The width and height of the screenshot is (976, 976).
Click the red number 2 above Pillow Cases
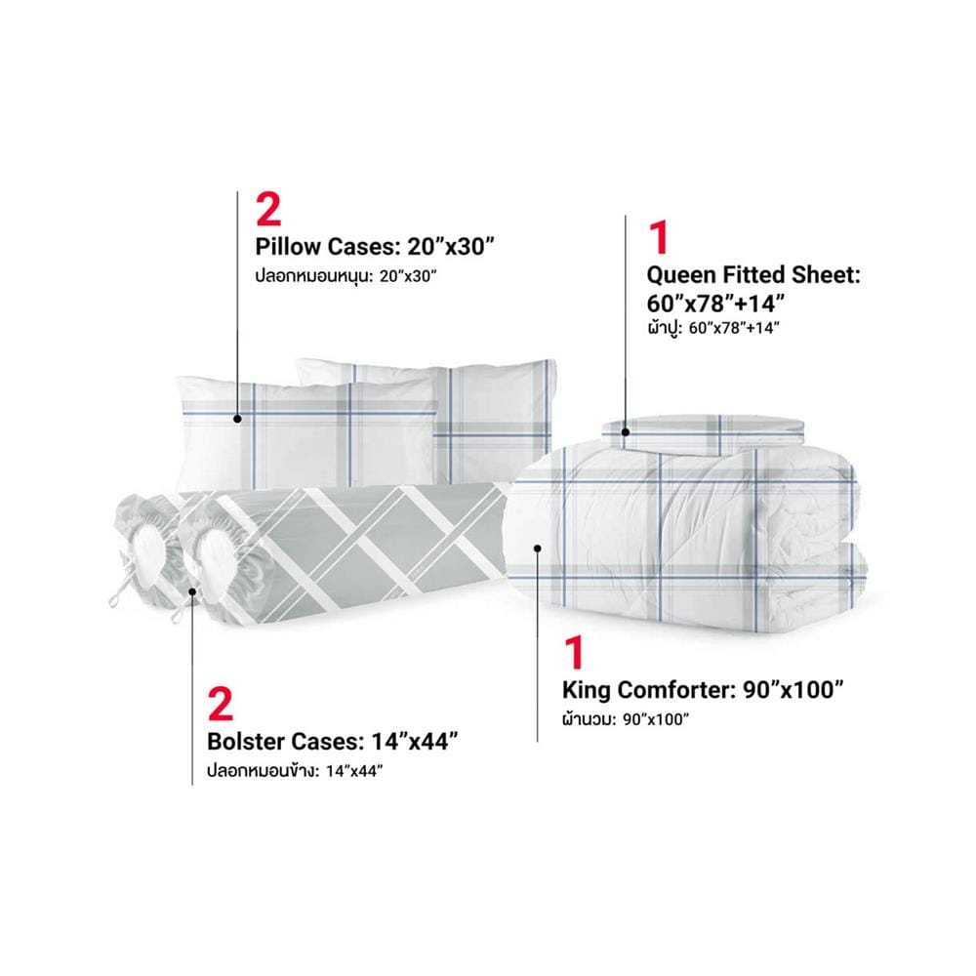268,209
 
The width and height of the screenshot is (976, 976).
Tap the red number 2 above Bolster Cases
221,704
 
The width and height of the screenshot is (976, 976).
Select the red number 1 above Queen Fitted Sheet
659,237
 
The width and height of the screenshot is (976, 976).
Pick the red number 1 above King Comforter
574,652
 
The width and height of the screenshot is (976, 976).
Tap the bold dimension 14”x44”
415,742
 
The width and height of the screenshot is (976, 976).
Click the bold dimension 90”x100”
793,690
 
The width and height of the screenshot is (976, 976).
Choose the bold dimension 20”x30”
450,247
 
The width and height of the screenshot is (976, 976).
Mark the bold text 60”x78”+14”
715,304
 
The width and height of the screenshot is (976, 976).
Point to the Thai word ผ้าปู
664,327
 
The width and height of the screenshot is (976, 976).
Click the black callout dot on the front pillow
237,419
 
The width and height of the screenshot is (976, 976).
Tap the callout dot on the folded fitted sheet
626,432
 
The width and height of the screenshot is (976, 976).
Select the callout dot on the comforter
538,548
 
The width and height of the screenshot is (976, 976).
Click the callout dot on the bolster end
192,591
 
